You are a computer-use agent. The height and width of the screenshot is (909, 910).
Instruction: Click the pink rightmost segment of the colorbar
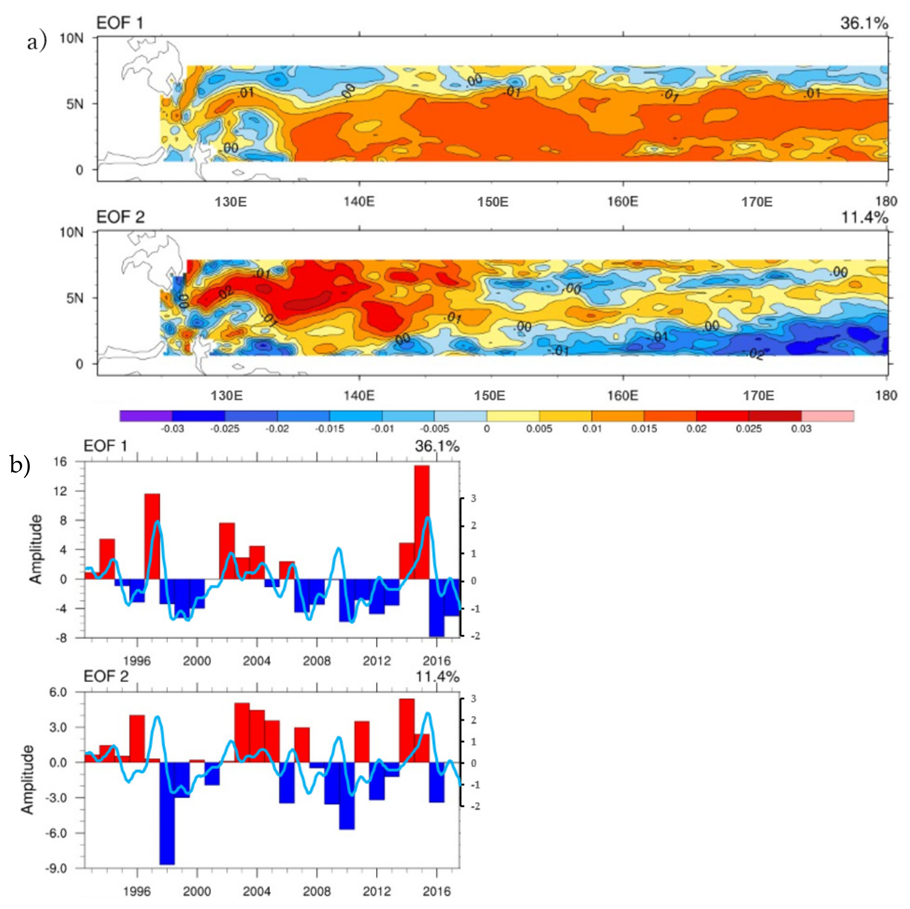pos(827,416)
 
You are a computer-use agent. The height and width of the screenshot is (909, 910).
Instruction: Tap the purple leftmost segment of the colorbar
pos(146,416)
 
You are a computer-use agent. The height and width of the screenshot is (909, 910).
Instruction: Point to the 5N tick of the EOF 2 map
pos(74,298)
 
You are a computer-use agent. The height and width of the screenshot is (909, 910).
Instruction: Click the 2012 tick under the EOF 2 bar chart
pos(376,891)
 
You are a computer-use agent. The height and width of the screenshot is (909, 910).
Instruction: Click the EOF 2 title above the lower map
pos(120,217)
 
